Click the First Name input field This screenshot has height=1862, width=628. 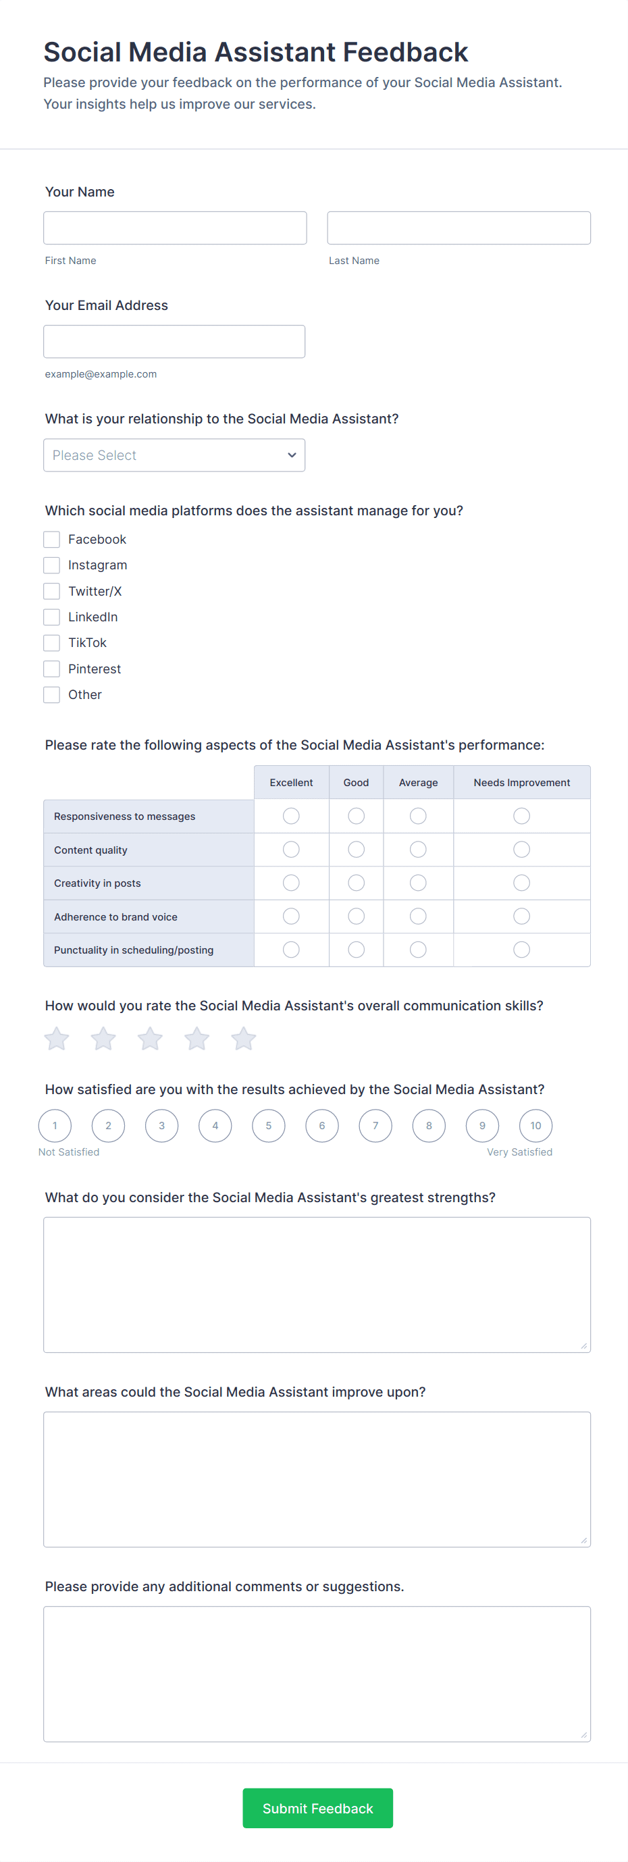(x=175, y=228)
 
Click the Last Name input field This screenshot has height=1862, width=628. (x=459, y=228)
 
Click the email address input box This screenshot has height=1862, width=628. (x=174, y=341)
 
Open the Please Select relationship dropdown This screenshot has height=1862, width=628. (x=174, y=455)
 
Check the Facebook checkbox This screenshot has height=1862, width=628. (x=51, y=539)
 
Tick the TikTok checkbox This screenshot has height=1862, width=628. (x=51, y=642)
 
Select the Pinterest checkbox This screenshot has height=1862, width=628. (x=51, y=669)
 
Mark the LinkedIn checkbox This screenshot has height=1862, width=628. (x=51, y=617)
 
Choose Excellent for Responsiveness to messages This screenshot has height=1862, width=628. (x=291, y=816)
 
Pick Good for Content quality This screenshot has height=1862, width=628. (x=357, y=850)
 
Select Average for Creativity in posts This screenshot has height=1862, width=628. (x=418, y=883)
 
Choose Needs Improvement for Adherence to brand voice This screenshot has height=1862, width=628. (x=522, y=916)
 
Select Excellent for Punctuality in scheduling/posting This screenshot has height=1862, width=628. (x=291, y=950)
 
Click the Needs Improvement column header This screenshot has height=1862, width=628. (x=522, y=783)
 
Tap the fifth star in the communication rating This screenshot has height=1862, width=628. (x=244, y=1039)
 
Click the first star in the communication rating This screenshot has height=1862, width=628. (x=56, y=1039)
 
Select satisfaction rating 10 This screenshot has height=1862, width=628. (x=535, y=1125)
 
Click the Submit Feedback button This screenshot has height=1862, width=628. (x=317, y=1808)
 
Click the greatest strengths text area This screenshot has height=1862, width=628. (x=317, y=1285)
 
